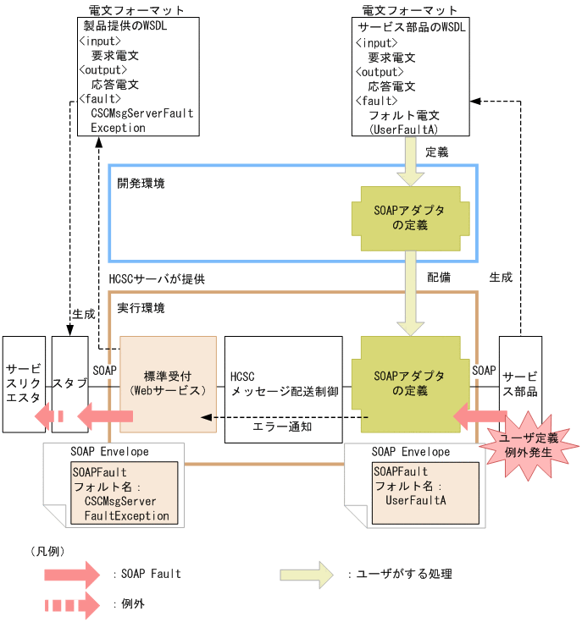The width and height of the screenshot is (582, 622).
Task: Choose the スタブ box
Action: point(69,383)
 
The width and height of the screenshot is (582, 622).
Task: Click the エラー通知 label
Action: point(283,427)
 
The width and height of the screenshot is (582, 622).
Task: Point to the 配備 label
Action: point(439,278)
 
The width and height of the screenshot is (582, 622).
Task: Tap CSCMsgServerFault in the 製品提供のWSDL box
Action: point(142,113)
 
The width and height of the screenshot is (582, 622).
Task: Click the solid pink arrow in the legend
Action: point(71,575)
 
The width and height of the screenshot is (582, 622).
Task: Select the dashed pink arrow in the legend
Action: point(71,605)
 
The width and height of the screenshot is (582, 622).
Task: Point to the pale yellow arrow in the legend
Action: point(311,575)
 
